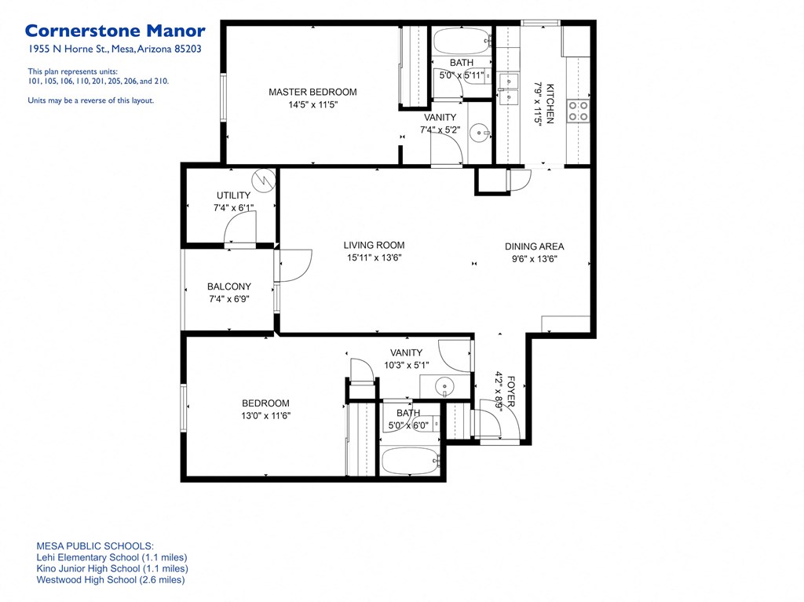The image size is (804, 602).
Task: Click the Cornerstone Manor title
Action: click(x=115, y=31)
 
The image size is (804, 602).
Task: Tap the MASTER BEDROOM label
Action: click(x=312, y=93)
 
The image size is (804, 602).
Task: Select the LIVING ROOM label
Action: click(x=374, y=245)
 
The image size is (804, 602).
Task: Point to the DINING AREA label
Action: click(x=534, y=246)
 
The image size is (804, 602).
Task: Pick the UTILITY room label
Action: click(x=233, y=195)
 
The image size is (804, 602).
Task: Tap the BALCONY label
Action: click(x=229, y=286)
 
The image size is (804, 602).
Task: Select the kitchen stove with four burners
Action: click(x=578, y=111)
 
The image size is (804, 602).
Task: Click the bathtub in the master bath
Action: click(x=461, y=40)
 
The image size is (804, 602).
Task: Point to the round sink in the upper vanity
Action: click(x=479, y=133)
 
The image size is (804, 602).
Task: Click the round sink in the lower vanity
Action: click(x=445, y=386)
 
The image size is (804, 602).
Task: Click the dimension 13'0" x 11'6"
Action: click(x=265, y=416)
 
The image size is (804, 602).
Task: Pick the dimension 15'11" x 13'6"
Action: click(x=374, y=257)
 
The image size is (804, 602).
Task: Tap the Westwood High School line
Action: click(x=111, y=580)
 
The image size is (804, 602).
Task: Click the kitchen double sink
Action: click(x=506, y=82)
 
